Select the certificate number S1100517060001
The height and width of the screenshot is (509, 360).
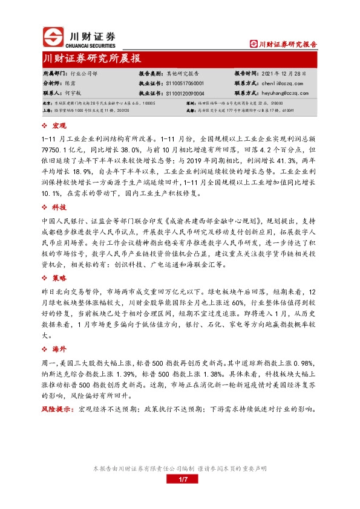point(184,83)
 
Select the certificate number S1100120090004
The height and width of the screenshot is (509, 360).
point(184,94)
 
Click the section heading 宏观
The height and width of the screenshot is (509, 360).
point(59,126)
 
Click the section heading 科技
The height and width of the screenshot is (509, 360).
point(59,207)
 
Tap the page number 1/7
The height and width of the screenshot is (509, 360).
point(180,479)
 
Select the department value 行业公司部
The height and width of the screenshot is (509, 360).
point(80,73)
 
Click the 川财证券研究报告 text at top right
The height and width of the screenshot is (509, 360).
point(287,44)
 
